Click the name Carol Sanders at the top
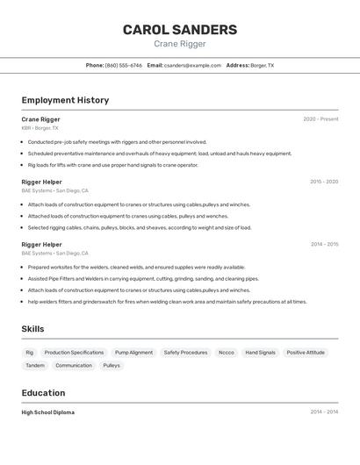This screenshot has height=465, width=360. coord(179,30)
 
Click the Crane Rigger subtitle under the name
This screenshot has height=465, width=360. coord(179,44)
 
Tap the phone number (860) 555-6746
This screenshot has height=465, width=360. coord(124,65)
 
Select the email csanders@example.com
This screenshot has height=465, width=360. coord(192,65)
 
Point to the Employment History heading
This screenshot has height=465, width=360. coord(65,100)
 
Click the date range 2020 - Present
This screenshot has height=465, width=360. coord(320,119)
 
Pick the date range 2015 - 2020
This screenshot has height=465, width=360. coord(324,182)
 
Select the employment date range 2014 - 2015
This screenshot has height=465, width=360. coord(324,245)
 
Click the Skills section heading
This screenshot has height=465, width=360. coord(32,329)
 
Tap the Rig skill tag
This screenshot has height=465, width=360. coord(30,353)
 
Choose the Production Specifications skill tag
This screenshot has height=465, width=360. coord(74,353)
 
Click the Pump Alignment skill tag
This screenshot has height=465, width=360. coord(133,353)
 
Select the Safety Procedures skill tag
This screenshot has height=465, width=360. coord(185,353)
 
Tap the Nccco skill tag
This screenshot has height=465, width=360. coord(227,353)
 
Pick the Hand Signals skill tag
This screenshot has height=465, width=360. coord(260,353)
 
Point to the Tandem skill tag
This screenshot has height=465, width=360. coord(35,366)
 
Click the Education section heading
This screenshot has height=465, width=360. coord(43,393)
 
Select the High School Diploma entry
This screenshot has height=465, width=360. coord(48,412)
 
